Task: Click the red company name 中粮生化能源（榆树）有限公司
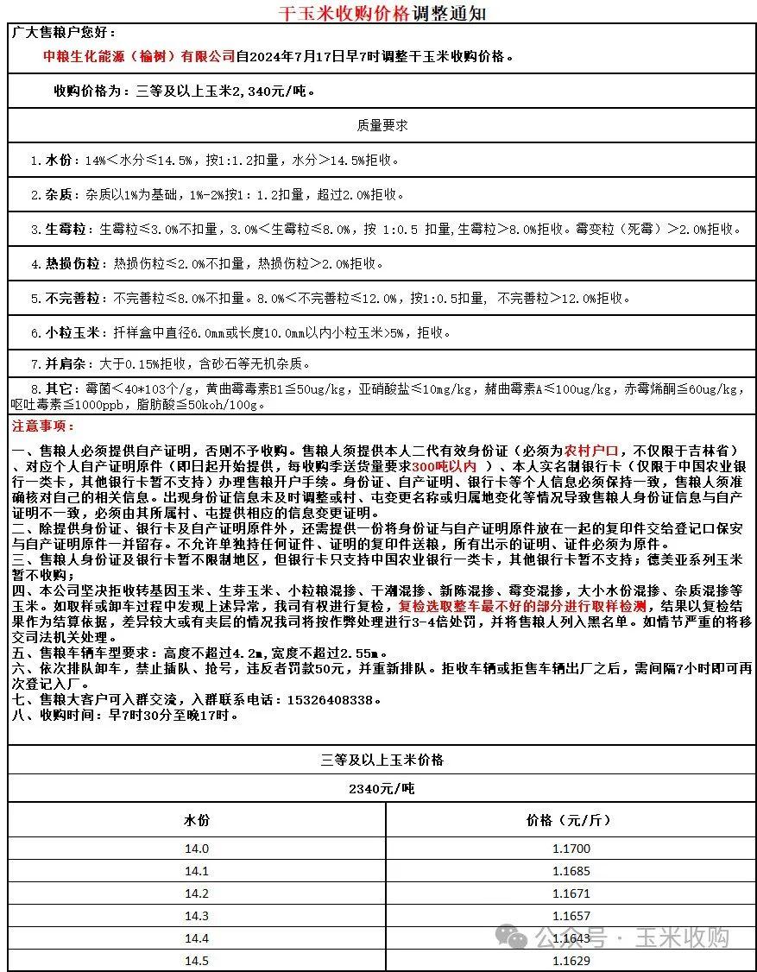[x=139, y=57]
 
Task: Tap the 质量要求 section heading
[x=382, y=125]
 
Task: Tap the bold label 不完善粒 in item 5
[x=73, y=299]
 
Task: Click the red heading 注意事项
[x=43, y=426]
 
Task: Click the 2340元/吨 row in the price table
[x=382, y=789]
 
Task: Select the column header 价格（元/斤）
[x=570, y=820]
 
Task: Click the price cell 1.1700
[x=571, y=849]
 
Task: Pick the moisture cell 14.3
[x=197, y=916]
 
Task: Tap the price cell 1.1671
[x=571, y=893]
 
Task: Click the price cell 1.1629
[x=571, y=961]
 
